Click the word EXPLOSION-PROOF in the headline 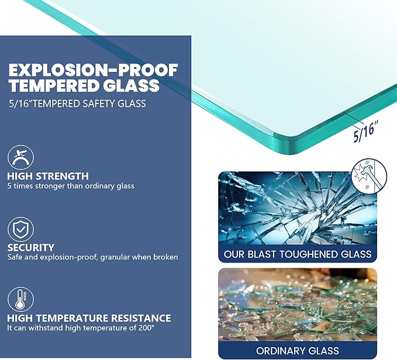click(93, 70)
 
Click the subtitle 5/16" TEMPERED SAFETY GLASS click(78, 103)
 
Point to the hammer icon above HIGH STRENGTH click(20, 157)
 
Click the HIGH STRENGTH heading click(48, 176)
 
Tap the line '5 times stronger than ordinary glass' click(71, 186)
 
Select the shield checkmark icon click(20, 229)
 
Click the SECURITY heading click(31, 247)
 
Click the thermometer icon click(20, 300)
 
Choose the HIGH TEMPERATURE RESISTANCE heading click(89, 319)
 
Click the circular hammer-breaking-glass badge click(369, 175)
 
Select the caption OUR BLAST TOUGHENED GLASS click(298, 254)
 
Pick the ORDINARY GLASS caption click(298, 351)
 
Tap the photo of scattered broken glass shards click(298, 305)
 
